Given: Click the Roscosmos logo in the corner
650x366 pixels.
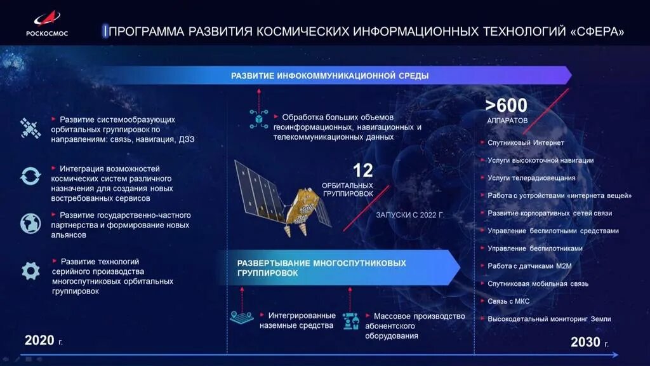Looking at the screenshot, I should (46, 23).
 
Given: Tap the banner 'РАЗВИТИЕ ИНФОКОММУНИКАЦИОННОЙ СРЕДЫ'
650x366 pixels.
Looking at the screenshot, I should (329, 76).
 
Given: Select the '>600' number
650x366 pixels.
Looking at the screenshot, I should (507, 105).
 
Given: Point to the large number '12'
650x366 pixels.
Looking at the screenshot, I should (362, 170).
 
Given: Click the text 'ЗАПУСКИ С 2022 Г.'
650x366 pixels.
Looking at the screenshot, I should (410, 215).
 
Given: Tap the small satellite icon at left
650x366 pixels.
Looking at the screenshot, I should (30, 128).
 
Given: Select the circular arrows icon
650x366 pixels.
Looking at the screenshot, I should (30, 176).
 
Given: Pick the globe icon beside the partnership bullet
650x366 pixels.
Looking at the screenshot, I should (30, 223).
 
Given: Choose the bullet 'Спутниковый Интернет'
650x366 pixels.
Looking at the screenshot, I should (526, 143).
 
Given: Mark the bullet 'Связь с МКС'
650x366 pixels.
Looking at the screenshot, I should (508, 301).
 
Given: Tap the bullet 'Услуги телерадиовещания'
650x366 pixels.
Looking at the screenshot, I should (531, 178).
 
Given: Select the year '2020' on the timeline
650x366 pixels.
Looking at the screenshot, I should (39, 341).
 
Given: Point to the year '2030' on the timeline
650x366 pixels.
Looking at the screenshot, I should (585, 342).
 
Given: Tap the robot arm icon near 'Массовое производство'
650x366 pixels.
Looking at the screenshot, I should (350, 320).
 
